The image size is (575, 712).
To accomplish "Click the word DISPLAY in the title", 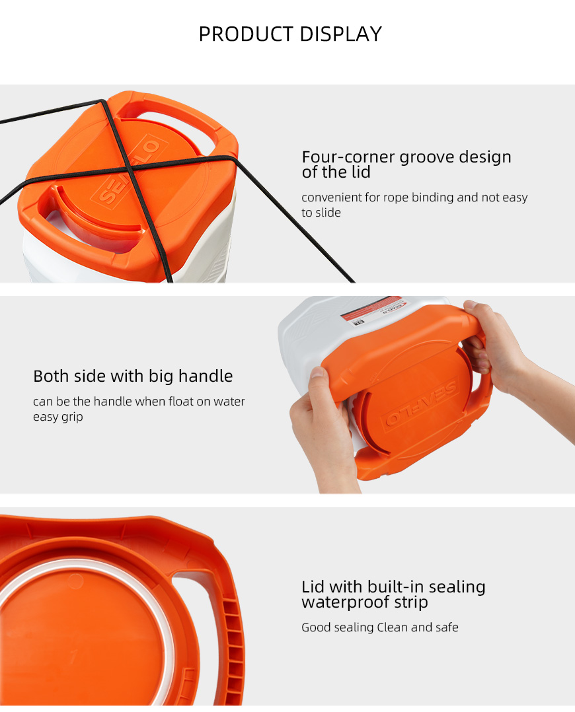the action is click(341, 34).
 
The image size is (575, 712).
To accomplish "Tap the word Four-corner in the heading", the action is click(348, 157).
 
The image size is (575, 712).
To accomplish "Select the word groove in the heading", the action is click(427, 157).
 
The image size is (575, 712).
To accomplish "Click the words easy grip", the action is click(57, 417).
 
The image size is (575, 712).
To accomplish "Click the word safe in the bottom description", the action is click(447, 627).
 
